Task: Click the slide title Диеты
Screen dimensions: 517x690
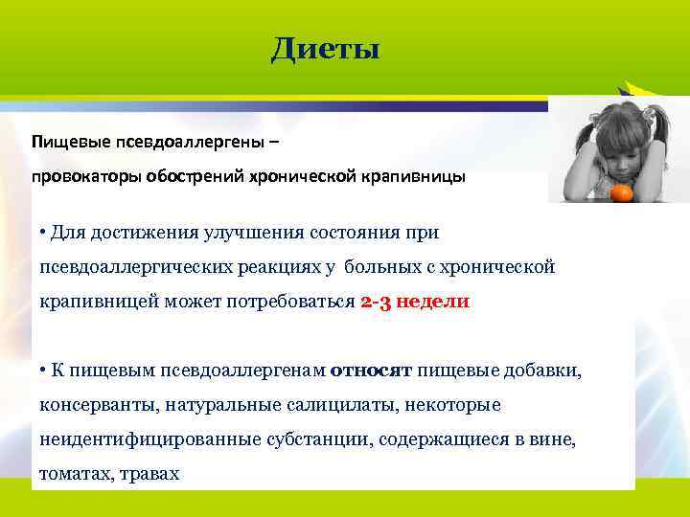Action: (325, 48)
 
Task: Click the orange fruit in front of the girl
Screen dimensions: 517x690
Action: (620, 193)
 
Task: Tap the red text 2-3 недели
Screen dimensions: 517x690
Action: (415, 301)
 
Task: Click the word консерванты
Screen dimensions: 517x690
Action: (98, 405)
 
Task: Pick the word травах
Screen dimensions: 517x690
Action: (152, 473)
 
